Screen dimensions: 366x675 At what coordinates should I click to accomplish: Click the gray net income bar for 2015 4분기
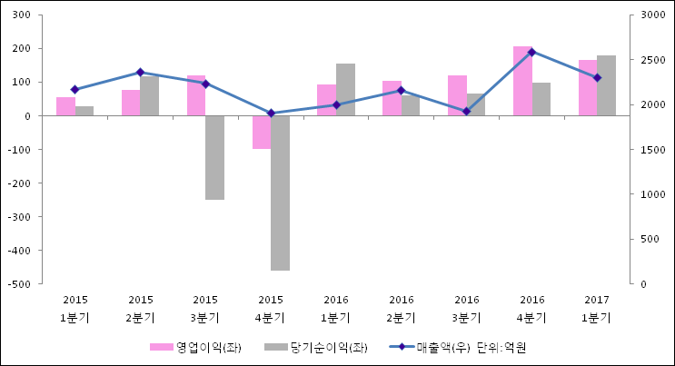(x=280, y=193)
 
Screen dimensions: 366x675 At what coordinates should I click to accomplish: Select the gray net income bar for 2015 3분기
(x=214, y=157)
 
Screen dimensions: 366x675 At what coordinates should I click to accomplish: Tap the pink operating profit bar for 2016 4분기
(x=522, y=81)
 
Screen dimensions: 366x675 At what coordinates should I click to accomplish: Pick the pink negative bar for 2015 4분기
(x=262, y=132)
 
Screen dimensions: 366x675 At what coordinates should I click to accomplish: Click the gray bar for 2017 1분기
(x=606, y=85)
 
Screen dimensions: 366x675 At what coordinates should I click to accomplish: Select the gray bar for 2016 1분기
(x=345, y=89)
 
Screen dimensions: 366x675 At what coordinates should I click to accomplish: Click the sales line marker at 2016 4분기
(x=532, y=52)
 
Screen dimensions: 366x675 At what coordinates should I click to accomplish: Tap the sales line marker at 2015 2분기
(x=140, y=72)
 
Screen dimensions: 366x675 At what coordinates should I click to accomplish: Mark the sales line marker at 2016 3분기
(x=467, y=111)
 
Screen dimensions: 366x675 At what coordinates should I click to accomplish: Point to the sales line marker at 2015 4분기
(x=271, y=114)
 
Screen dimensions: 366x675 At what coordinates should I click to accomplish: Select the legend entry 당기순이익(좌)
(x=315, y=347)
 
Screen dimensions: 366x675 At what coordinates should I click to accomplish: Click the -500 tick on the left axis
(x=19, y=283)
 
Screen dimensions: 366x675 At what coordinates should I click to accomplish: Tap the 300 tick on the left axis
(x=22, y=15)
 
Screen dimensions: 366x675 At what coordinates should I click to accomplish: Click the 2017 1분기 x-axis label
(x=597, y=309)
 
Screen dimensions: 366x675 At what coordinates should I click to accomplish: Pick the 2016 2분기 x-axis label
(x=402, y=309)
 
